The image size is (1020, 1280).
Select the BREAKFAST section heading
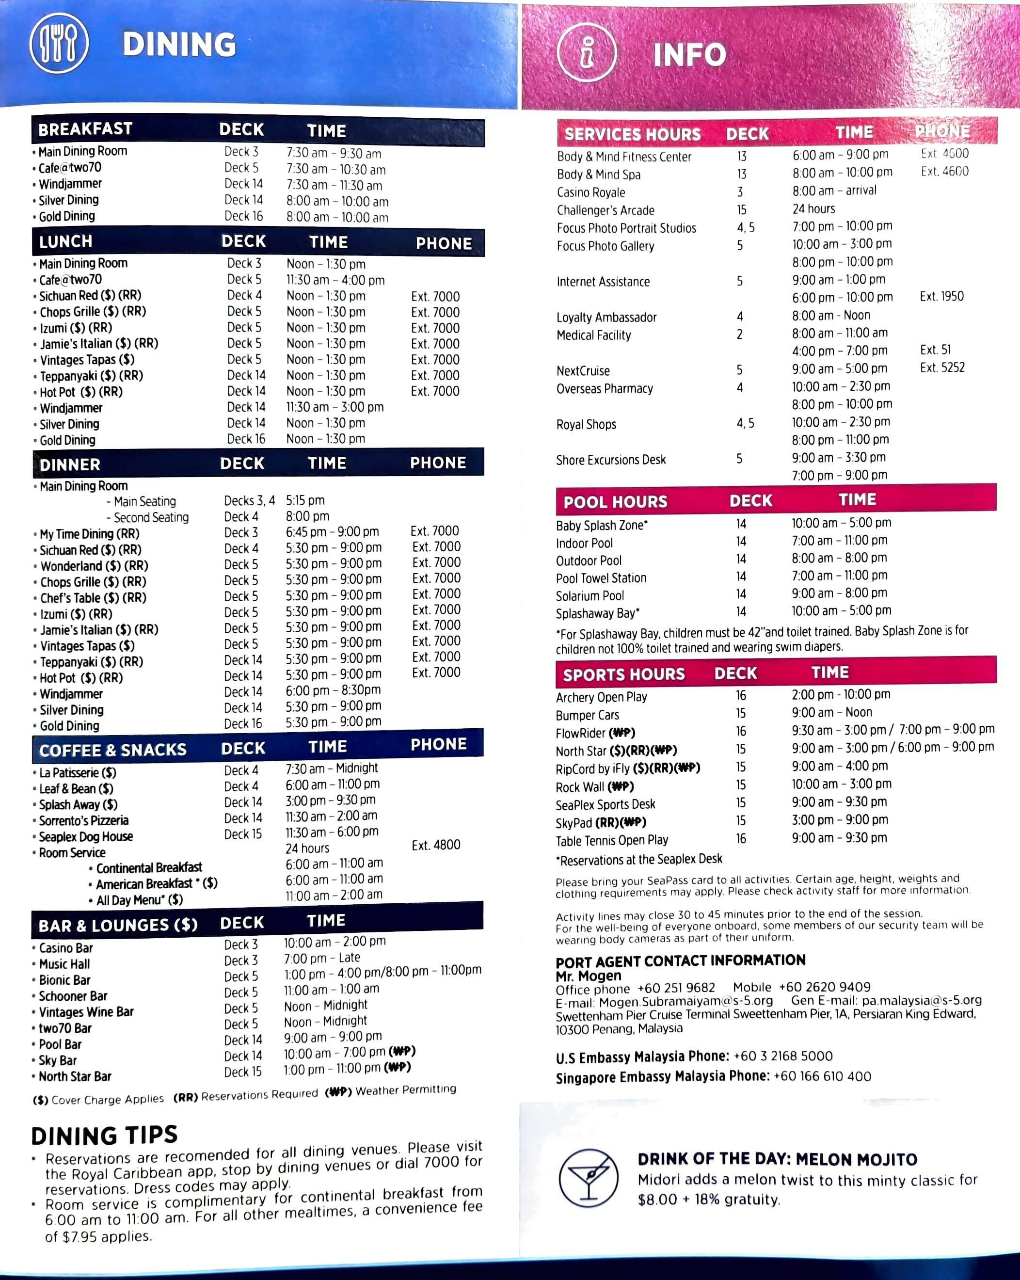(85, 129)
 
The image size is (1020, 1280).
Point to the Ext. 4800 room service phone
(436, 845)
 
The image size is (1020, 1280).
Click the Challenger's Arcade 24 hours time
(813, 209)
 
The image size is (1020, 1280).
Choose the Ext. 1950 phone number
(941, 296)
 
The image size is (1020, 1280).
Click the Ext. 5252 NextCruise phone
(942, 368)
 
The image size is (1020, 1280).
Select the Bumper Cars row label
(587, 715)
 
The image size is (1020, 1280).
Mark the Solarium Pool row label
(590, 595)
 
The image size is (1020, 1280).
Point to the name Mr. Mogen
(589, 976)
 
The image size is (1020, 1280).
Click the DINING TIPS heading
(105, 1135)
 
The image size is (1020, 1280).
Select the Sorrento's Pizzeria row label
(84, 820)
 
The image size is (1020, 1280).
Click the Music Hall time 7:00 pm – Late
(322, 958)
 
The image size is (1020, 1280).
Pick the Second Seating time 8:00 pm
(307, 516)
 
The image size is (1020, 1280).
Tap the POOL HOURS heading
(615, 502)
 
